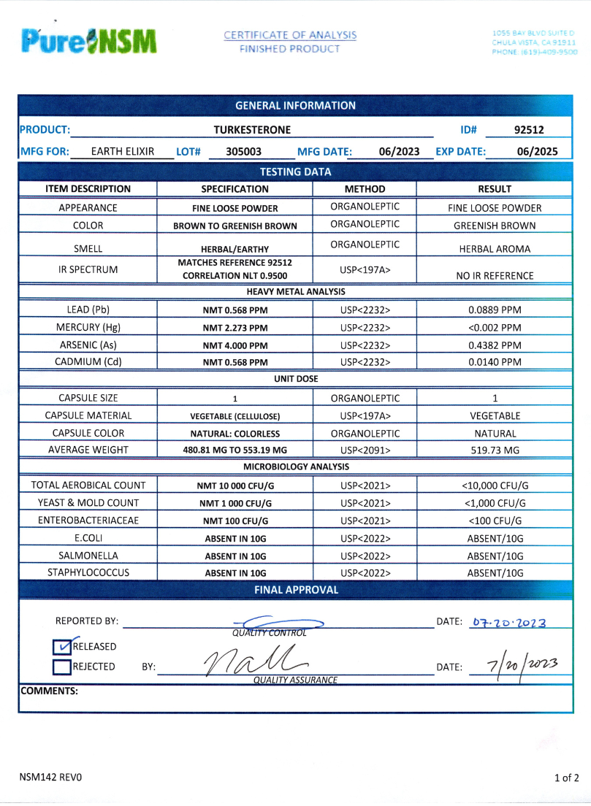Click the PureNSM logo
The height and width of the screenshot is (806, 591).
[89, 41]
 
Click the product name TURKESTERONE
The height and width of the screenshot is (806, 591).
[252, 130]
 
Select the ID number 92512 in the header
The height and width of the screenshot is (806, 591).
[529, 130]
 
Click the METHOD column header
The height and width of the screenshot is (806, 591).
[365, 188]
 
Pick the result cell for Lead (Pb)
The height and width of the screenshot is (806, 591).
[495, 310]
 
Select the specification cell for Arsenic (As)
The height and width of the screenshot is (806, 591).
[235, 345]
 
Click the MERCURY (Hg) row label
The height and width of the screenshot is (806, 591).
[88, 327]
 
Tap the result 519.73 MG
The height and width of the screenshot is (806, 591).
[495, 450]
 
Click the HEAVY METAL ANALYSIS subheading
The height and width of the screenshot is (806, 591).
[295, 292]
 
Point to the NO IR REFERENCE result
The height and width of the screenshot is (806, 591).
[495, 276]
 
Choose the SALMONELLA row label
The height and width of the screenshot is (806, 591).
[88, 556]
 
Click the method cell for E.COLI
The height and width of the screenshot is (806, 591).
[365, 538]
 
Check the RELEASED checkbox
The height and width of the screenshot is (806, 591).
[61, 647]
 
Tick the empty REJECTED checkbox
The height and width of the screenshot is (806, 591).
[61, 667]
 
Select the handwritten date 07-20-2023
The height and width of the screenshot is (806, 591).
[509, 623]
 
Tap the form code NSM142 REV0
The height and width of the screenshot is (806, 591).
[50, 778]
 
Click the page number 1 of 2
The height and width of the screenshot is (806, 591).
[566, 778]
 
